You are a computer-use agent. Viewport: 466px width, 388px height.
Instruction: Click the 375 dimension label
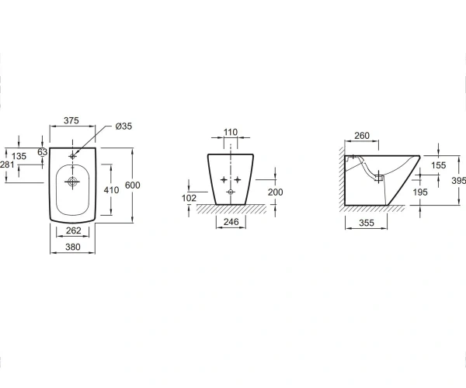click(x=71, y=120)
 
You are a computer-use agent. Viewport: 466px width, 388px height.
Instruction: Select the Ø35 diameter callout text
click(x=123, y=126)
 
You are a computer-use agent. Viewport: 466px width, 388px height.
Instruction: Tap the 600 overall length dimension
click(x=133, y=185)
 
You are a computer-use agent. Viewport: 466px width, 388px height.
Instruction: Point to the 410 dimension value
click(x=111, y=190)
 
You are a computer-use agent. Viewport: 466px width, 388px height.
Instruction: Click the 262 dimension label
click(x=74, y=230)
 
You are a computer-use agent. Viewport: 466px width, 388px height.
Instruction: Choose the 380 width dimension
click(x=73, y=247)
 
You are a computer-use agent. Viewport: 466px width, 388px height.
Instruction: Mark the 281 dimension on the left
click(x=7, y=165)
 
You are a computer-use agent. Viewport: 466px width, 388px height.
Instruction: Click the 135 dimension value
click(x=19, y=156)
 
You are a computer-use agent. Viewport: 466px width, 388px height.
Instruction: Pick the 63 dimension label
click(x=43, y=152)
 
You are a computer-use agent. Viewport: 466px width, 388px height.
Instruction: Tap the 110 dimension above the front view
click(x=231, y=132)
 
